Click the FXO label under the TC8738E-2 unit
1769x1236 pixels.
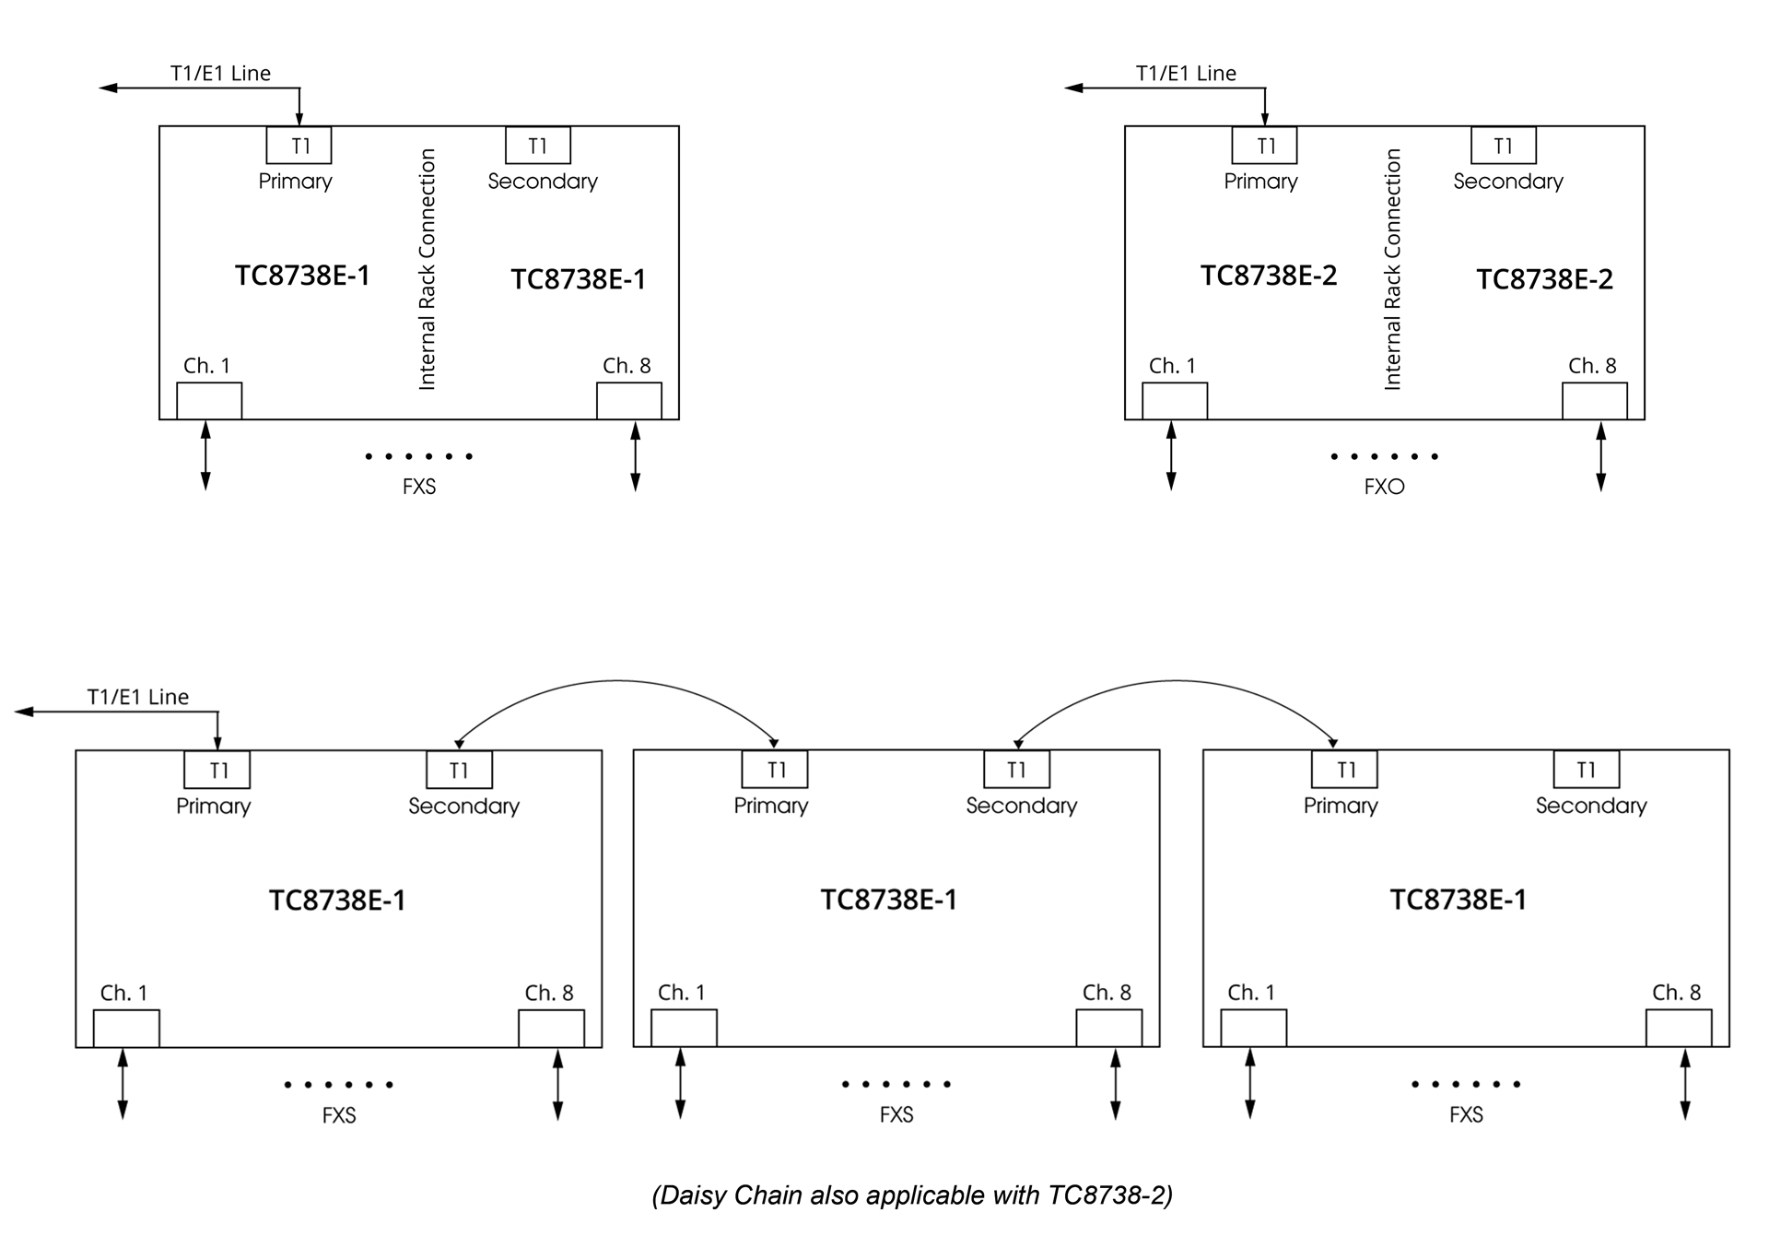point(1384,487)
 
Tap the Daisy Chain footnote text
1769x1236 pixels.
point(912,1195)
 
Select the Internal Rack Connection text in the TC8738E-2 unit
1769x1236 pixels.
point(1392,269)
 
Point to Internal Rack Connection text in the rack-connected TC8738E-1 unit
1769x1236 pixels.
point(427,269)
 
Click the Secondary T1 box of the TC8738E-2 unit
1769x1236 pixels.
point(1504,146)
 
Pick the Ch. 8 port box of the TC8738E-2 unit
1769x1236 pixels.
point(1595,401)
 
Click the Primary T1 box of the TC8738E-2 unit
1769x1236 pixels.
point(1265,146)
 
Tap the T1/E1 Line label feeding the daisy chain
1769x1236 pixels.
point(138,697)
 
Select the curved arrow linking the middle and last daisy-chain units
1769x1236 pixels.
point(1175,681)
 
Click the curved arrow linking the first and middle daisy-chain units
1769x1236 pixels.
point(616,681)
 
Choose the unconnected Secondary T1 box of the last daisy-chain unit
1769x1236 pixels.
point(1587,770)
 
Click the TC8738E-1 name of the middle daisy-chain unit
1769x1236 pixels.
point(889,900)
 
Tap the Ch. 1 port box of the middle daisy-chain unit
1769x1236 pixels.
point(684,1028)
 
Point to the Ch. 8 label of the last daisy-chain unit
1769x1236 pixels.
point(1677,993)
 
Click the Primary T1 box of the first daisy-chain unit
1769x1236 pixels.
point(217,770)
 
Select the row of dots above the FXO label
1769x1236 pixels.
point(1384,456)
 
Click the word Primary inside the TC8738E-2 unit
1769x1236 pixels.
point(1260,182)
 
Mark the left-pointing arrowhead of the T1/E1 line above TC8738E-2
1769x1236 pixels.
point(1073,88)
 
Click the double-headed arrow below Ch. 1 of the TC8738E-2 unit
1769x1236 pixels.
point(1171,456)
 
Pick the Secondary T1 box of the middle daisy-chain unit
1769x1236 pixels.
point(1017,770)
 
